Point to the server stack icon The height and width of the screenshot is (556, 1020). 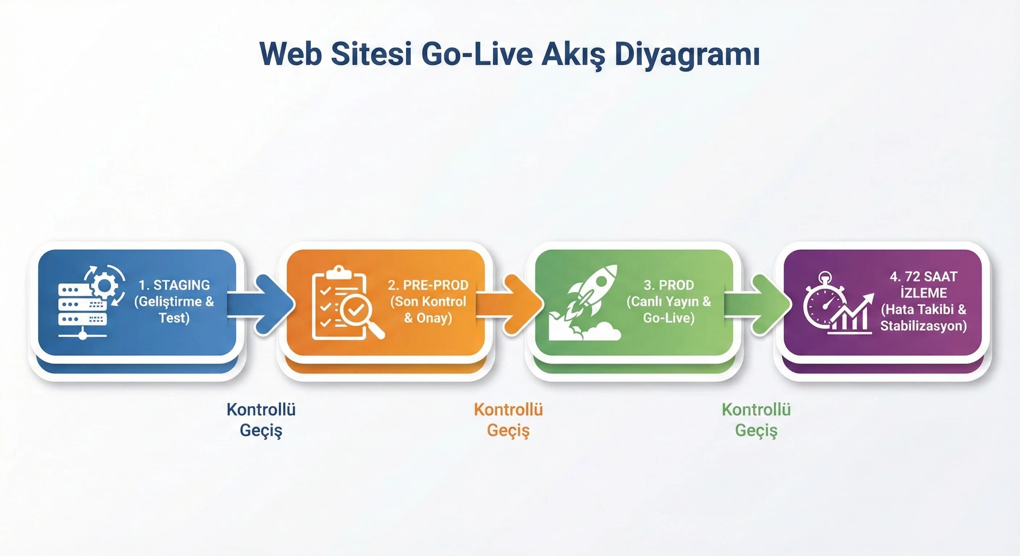pos(82,309)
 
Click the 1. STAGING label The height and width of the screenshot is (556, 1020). pos(174,285)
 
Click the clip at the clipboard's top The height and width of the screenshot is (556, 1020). pos(339,271)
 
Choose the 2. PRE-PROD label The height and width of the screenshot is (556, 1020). pos(428,285)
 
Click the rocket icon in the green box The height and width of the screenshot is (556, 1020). pos(590,295)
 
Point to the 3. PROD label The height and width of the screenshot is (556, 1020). pos(669,285)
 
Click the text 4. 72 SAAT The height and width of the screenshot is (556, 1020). pos(923,277)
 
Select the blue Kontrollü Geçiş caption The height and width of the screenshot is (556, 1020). pos(261,420)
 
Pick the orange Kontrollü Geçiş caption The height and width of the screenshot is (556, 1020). pos(509,420)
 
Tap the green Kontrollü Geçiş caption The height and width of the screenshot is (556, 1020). pos(756,420)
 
